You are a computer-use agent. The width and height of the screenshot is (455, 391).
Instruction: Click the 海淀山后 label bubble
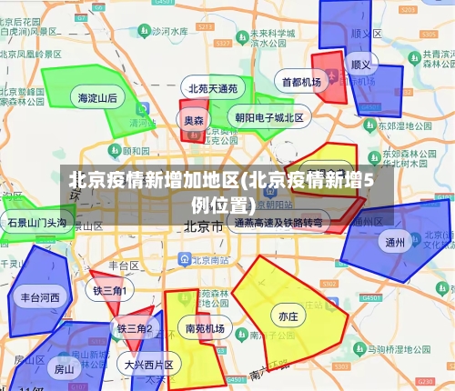[x=97, y=97]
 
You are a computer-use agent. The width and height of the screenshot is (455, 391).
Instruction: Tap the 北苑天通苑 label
[x=213, y=88]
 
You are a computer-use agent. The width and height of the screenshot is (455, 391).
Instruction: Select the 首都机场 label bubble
[x=301, y=82]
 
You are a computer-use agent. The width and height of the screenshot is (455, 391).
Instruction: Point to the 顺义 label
[x=361, y=65]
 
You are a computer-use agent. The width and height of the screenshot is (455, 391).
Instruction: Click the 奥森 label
[x=194, y=120]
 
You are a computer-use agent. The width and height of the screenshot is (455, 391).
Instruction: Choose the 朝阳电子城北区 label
[x=269, y=117]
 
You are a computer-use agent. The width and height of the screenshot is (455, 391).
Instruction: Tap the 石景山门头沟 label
[x=36, y=222]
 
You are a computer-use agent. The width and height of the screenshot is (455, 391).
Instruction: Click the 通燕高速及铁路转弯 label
[x=278, y=222]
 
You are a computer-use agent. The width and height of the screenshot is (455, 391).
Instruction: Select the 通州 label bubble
[x=395, y=242]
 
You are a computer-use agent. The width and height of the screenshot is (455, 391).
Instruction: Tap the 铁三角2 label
[x=134, y=327]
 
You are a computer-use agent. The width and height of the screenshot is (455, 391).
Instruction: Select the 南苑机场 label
[x=205, y=328]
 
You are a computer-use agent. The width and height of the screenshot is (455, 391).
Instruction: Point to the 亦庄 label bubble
[x=288, y=316]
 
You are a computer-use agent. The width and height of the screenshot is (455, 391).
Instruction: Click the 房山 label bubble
[x=65, y=369]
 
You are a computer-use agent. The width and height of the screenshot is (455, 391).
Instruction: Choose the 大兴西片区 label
[x=149, y=364]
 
